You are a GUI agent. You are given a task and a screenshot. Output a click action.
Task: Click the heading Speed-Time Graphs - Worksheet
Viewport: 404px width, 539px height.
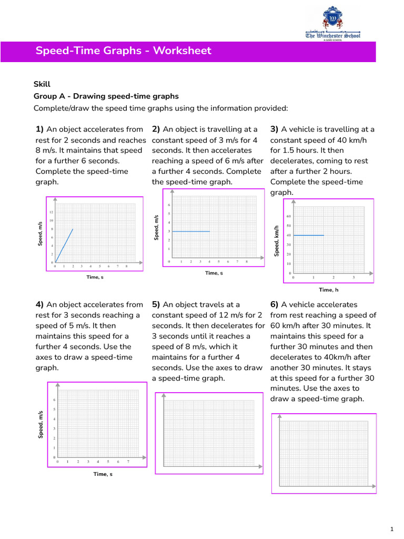pyautogui.click(x=123, y=51)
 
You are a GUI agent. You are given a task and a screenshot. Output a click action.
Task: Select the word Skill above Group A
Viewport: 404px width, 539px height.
pyautogui.click(x=42, y=84)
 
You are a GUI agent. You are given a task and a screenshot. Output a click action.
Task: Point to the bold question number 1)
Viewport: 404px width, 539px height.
pyautogui.click(x=40, y=129)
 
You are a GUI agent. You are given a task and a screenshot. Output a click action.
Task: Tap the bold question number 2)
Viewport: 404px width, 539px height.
pyautogui.click(x=156, y=129)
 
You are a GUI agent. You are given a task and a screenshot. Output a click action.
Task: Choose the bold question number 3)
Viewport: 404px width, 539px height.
pyautogui.click(x=275, y=129)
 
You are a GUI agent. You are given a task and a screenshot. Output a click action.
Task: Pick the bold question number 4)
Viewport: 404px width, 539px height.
pyautogui.click(x=40, y=305)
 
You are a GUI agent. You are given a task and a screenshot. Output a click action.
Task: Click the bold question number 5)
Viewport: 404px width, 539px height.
pyautogui.click(x=156, y=305)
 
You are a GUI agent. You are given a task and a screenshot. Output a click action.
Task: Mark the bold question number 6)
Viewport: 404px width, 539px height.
pyautogui.click(x=275, y=305)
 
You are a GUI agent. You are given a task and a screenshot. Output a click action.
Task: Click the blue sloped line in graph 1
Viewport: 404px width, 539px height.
pyautogui.click(x=64, y=245)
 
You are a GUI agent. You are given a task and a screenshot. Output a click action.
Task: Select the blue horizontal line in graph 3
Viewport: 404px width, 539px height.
pyautogui.click(x=309, y=235)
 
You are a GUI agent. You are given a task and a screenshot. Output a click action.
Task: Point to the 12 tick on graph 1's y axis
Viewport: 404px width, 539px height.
pyautogui.click(x=52, y=212)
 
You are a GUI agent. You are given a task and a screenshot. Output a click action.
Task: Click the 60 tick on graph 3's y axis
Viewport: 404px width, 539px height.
pyautogui.click(x=289, y=216)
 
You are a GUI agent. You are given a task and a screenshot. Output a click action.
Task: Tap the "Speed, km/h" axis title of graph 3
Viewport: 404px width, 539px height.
pyautogui.click(x=276, y=241)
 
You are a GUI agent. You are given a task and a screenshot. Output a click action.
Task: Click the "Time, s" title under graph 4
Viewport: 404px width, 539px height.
pyautogui.click(x=103, y=474)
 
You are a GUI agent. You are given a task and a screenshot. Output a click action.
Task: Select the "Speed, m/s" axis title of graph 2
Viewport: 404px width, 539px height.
pyautogui.click(x=156, y=228)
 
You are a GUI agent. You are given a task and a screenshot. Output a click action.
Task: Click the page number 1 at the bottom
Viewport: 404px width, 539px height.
pyautogui.click(x=392, y=528)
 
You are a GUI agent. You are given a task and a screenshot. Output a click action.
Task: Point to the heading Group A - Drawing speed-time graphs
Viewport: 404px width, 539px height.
pyautogui.click(x=106, y=96)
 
